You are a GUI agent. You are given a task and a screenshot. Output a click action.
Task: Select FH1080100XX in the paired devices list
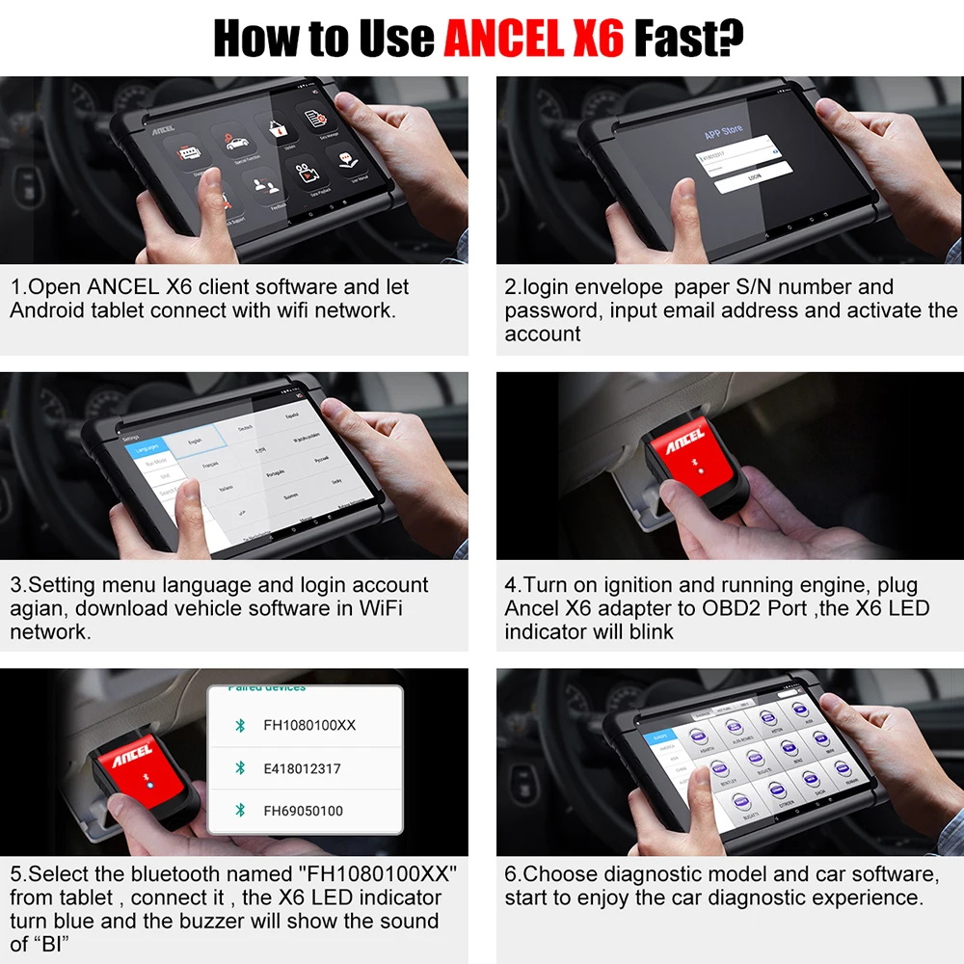[x=309, y=724]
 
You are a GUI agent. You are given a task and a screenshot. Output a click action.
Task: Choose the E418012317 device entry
[x=302, y=768]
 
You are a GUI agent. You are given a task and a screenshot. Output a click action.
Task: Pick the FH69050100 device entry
[x=303, y=811]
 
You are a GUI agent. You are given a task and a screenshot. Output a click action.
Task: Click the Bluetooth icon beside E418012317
[x=240, y=768]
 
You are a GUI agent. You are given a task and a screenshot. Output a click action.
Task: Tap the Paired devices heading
[x=266, y=687]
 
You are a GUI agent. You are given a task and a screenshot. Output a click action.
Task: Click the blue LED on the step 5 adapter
[x=149, y=786]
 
